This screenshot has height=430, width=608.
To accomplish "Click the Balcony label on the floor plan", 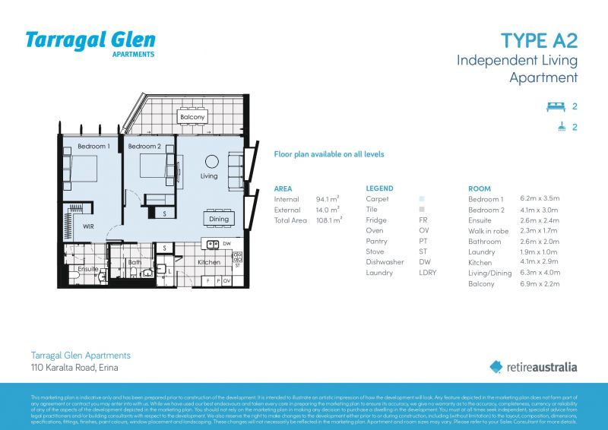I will point(192,118).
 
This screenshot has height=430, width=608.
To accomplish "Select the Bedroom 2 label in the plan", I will point(144,146).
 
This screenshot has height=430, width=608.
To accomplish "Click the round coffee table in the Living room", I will point(212,161).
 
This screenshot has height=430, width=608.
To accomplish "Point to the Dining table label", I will point(218,220).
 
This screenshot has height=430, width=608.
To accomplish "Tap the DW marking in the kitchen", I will point(227,244).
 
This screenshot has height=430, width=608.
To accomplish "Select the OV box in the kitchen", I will point(226,280).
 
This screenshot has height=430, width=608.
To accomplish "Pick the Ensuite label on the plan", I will point(88,269).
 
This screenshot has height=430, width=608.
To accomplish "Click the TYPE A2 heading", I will point(539,40).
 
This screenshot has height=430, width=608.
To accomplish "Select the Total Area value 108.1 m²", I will point(328,220).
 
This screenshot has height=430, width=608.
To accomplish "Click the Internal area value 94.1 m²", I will point(327,199).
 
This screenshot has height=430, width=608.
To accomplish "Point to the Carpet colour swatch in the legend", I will point(422,199).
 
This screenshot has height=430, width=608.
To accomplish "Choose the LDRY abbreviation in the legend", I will point(427,273).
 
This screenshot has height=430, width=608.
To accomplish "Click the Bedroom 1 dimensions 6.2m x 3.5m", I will point(539,199).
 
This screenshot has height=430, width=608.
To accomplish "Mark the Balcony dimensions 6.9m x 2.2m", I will point(539,283).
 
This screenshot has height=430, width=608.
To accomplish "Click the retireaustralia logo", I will point(533,367).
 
